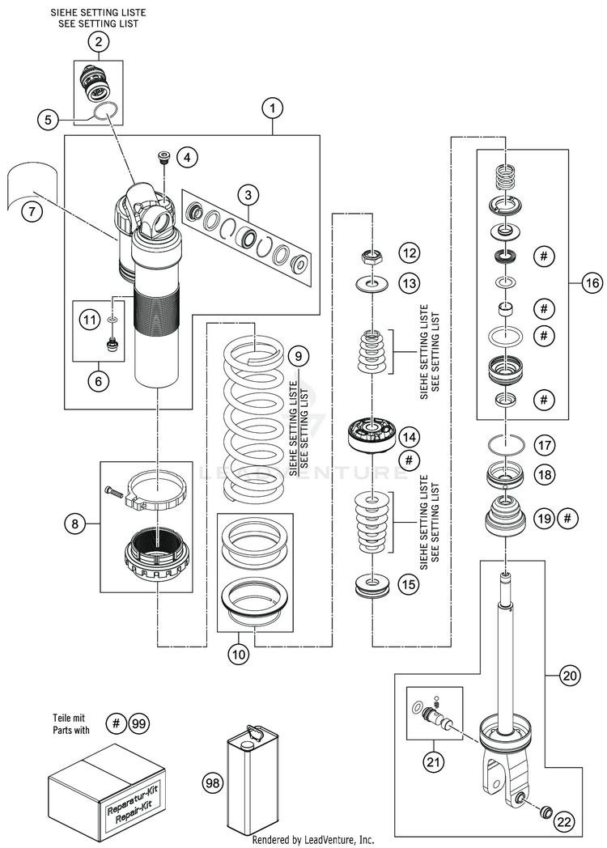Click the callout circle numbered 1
(274, 107)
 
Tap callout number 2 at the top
(98, 43)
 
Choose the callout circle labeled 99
(139, 724)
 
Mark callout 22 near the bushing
(565, 822)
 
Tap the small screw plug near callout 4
(163, 155)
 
